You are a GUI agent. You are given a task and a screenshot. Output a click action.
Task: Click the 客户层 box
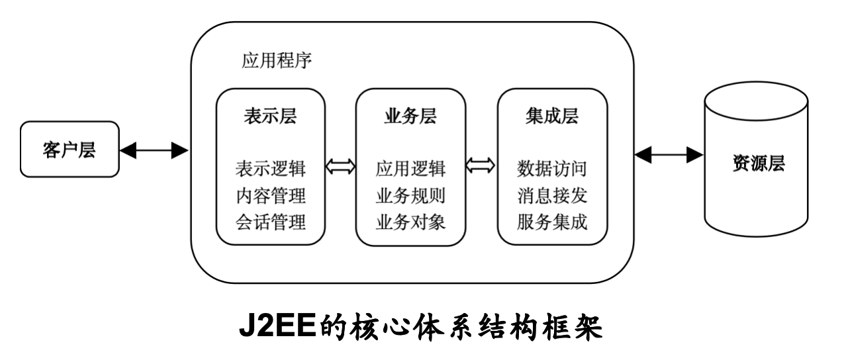[x=70, y=150]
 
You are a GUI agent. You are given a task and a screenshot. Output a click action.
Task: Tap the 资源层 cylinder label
[x=759, y=163]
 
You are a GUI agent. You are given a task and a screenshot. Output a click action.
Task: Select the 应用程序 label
[x=277, y=64]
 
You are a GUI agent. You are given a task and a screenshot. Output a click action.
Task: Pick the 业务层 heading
[x=410, y=117]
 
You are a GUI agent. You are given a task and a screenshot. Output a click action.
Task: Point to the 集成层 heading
[x=552, y=117]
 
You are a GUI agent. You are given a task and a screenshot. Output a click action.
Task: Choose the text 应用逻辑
[x=410, y=169]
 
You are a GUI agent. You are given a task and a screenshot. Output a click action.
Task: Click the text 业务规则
[x=410, y=196]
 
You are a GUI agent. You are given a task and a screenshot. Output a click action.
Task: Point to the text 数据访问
[x=552, y=169]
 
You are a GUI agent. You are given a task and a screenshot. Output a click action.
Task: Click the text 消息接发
[x=552, y=196]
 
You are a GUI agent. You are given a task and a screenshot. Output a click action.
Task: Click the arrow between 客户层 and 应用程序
[x=154, y=152]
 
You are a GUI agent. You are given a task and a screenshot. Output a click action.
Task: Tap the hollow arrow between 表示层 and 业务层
[x=340, y=167]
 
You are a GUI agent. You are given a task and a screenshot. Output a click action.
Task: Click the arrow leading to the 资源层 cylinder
[x=669, y=155]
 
